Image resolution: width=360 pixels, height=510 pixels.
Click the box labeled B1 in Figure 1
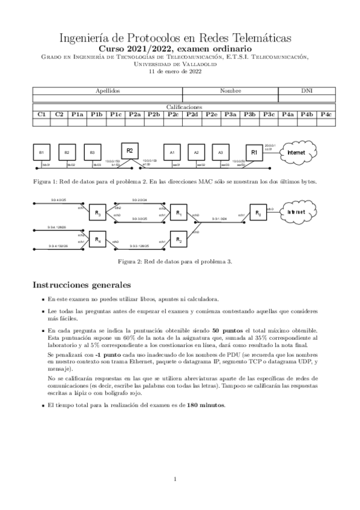[x=41, y=153]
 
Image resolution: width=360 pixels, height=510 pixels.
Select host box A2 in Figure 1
[x=197, y=153]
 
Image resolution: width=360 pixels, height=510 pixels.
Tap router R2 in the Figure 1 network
[x=129, y=150]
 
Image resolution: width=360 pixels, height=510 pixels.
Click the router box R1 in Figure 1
[x=254, y=153]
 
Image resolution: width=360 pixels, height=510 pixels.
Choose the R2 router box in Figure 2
[x=178, y=241]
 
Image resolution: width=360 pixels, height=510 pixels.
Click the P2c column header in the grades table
[x=172, y=114]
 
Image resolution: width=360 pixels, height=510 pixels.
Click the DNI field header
[x=307, y=90]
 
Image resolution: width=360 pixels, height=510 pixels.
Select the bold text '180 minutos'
[x=207, y=405]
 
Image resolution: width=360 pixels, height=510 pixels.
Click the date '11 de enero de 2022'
[x=174, y=70]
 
